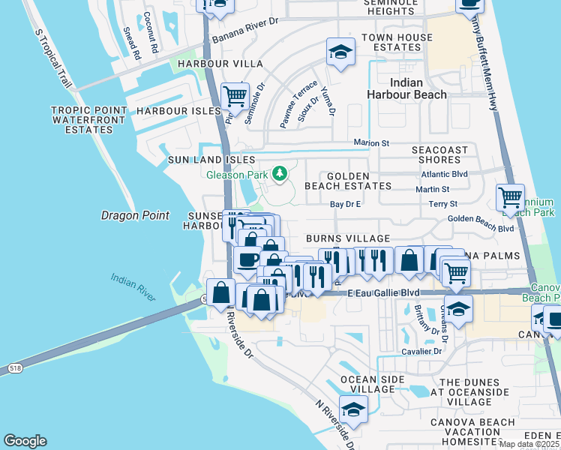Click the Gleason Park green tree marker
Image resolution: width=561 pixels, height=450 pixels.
point(280,174)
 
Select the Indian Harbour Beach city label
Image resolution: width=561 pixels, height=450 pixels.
point(406,88)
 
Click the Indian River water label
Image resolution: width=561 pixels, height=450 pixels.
point(133,288)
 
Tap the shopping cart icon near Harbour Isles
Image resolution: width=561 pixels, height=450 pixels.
point(235,96)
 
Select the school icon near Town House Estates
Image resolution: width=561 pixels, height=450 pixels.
point(340,52)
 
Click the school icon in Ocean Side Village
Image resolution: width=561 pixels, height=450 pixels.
point(353,409)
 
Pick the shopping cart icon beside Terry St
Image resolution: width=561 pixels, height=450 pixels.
point(511,198)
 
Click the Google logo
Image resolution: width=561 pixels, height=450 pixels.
point(25,441)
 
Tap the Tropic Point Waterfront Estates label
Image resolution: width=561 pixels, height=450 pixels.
point(82,120)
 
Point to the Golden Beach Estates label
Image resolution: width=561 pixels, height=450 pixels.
point(348,185)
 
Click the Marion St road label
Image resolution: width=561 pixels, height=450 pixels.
point(372,142)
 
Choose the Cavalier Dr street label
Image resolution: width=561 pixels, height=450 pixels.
point(421,351)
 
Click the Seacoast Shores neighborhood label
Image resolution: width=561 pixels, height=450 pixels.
point(446,154)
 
